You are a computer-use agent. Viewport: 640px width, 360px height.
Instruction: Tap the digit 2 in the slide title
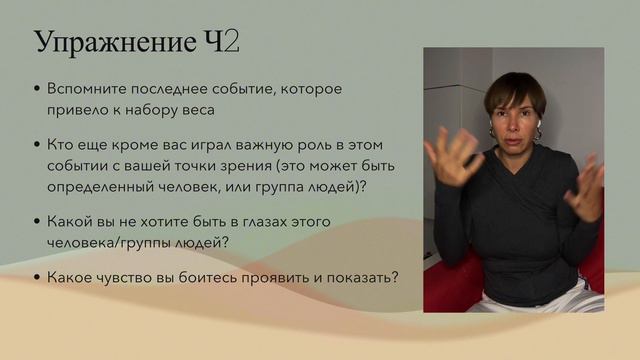230,43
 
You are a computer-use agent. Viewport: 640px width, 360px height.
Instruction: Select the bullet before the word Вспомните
37,89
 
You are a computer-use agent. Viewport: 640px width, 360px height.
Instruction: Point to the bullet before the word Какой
37,221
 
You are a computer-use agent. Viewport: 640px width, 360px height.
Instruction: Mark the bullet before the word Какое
37,277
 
